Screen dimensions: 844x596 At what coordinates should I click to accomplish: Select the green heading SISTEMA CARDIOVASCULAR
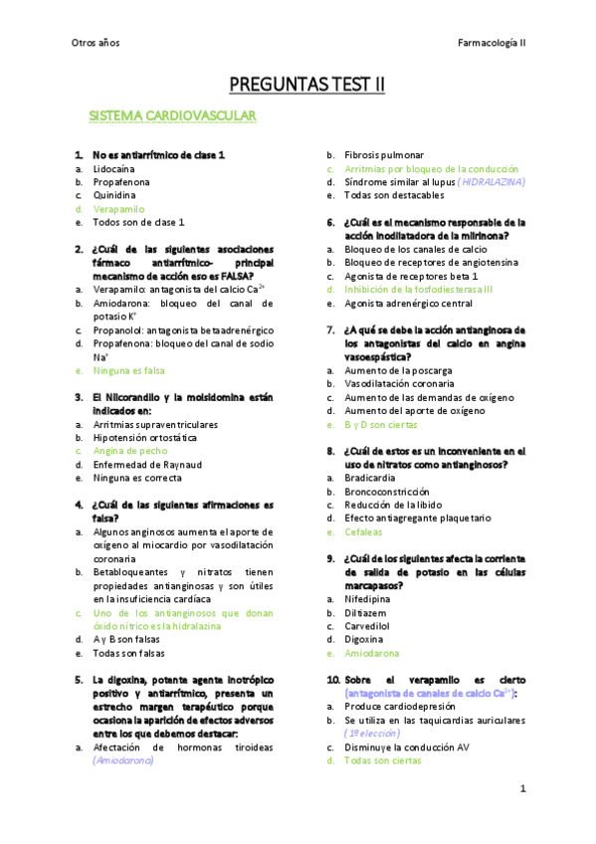(x=186, y=117)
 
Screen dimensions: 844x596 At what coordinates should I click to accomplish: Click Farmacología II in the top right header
(x=492, y=42)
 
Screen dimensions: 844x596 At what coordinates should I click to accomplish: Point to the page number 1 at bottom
(x=522, y=788)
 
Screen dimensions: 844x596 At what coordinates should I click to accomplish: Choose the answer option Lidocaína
(x=115, y=169)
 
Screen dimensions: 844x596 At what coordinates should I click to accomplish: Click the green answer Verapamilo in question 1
(x=118, y=209)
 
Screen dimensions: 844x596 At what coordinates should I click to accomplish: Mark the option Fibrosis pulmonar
(x=384, y=155)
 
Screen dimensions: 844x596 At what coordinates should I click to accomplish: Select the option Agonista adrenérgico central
(x=408, y=303)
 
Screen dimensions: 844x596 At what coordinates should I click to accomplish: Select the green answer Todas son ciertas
(x=382, y=760)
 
